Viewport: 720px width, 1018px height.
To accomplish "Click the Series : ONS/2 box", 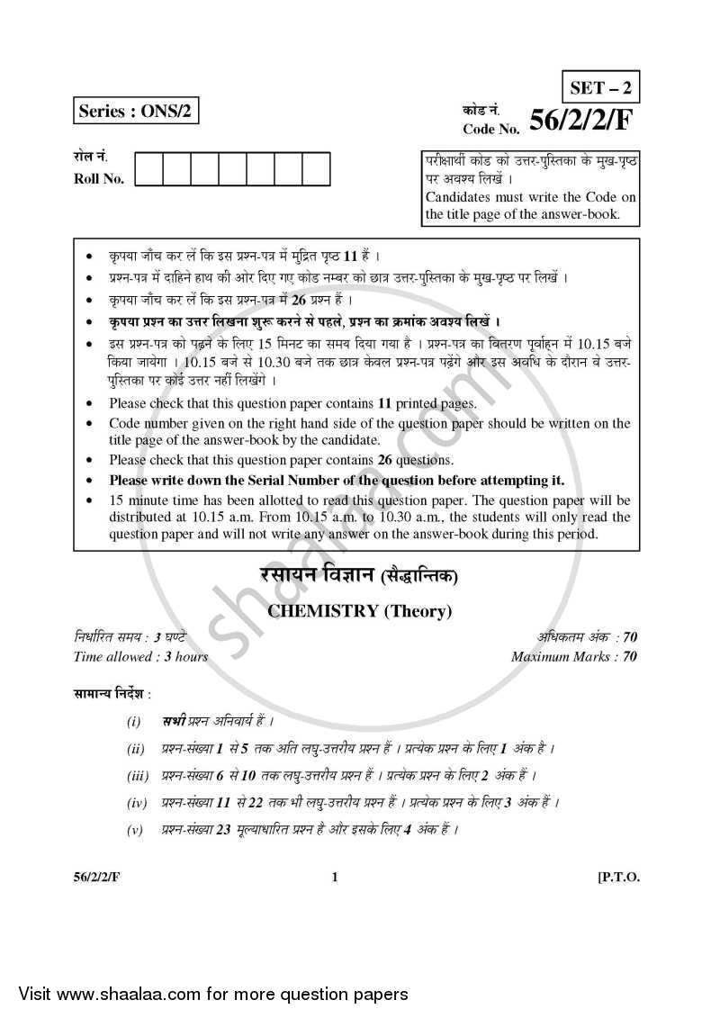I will coord(136,112).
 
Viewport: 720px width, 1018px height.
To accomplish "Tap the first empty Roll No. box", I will coord(149,169).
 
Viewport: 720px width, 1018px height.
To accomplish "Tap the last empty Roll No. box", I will coord(316,169).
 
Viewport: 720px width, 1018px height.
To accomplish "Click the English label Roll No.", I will coord(99,178).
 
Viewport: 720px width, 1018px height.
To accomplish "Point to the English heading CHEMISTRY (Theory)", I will coord(358,611).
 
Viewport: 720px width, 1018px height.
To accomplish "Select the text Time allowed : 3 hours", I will coord(140,656).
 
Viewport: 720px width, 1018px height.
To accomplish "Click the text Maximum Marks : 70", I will coord(573,656).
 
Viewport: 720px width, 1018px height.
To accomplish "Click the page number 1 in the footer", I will coord(335,878).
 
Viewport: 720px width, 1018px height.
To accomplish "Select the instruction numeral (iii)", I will coord(137,774).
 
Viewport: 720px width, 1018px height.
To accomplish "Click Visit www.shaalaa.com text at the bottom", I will coord(208,994).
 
